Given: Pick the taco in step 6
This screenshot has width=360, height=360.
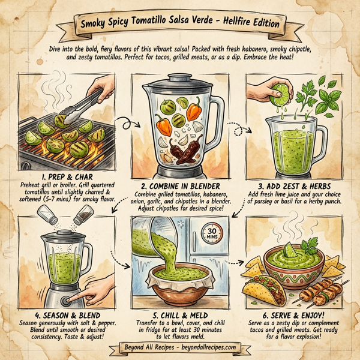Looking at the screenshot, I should [267, 292].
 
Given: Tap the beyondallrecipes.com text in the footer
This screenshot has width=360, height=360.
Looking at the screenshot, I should [205, 348].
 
